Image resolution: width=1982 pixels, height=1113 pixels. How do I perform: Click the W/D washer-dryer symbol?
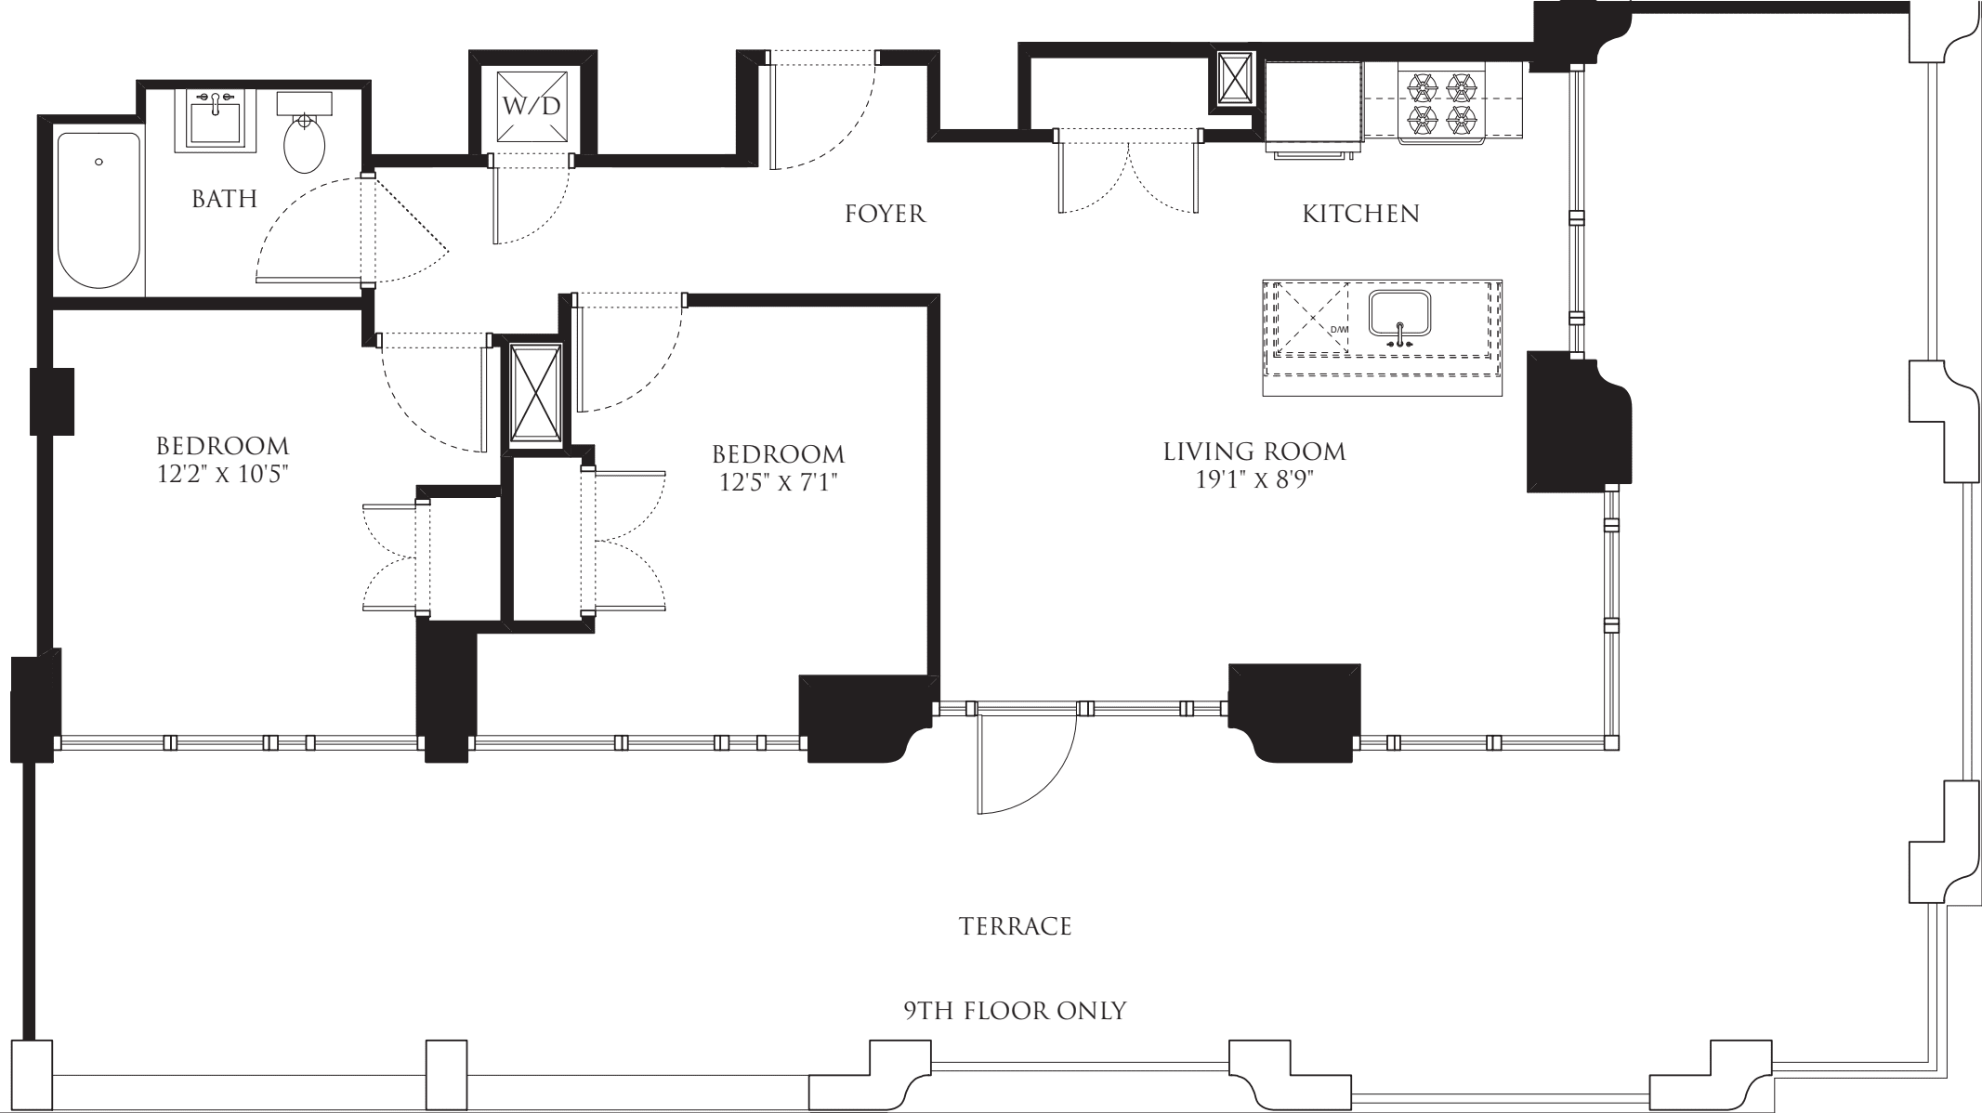(x=532, y=105)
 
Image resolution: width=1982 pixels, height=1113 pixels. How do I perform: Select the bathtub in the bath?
(x=98, y=211)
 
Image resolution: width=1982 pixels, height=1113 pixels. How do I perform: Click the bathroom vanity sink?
(x=216, y=123)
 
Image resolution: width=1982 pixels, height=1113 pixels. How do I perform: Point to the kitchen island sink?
(x=1398, y=316)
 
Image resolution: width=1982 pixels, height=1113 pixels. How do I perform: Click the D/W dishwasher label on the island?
(x=1338, y=330)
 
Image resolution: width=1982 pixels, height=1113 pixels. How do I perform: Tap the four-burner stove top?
(x=1442, y=103)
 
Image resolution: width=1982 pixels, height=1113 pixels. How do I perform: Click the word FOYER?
(x=885, y=215)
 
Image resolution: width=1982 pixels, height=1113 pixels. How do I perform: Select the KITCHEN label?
(x=1360, y=215)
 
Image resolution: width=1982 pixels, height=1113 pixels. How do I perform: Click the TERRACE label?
(x=1015, y=926)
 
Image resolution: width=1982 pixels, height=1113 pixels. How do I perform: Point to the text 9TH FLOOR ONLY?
(x=1015, y=1010)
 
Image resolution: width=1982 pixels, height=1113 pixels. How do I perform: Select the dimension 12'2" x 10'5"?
(x=223, y=475)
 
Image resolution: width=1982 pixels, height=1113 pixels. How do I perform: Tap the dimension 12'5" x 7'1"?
(x=779, y=482)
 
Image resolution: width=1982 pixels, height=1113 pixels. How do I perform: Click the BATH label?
(x=224, y=199)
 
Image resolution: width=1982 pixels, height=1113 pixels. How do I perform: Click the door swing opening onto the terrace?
(x=1022, y=762)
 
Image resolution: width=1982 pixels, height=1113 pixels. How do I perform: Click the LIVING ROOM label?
(x=1254, y=452)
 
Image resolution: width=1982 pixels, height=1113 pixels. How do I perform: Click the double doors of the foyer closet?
(x=1128, y=177)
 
